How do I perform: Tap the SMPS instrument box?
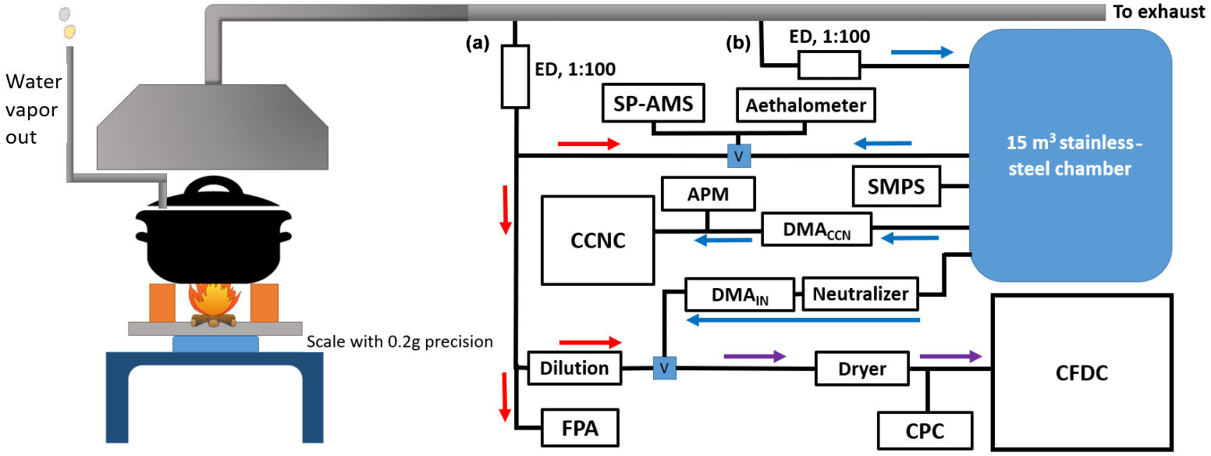(896, 187)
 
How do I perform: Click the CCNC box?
(598, 240)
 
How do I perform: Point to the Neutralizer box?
(861, 294)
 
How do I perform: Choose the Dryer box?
(862, 368)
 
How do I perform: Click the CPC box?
(926, 430)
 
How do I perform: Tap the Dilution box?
(574, 367)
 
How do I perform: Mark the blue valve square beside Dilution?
(664, 367)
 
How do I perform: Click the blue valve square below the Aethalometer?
(738, 155)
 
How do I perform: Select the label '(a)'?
(477, 44)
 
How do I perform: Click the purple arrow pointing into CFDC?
(950, 356)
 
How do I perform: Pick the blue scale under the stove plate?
(215, 344)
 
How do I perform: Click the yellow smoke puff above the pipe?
(70, 31)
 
